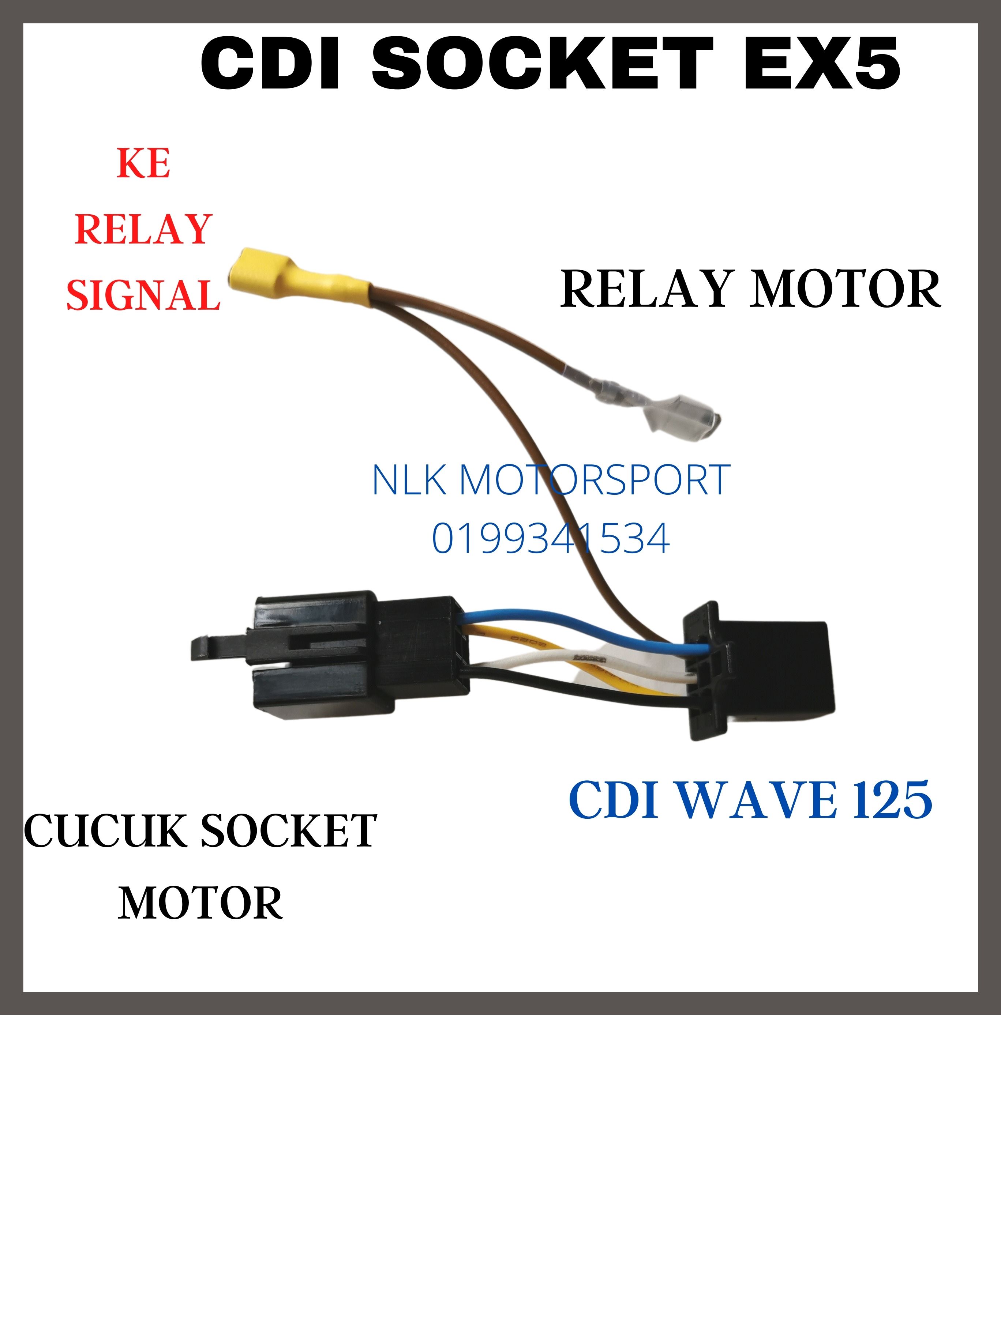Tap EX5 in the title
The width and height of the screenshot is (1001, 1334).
coord(822,63)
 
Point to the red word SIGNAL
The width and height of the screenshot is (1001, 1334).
coord(144,295)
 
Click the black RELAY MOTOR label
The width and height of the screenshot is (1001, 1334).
coord(750,290)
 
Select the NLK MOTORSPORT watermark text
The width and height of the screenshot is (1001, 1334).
coord(551,480)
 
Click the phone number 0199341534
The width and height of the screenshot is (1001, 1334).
coord(551,539)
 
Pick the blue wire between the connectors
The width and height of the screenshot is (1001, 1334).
coord(579,627)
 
